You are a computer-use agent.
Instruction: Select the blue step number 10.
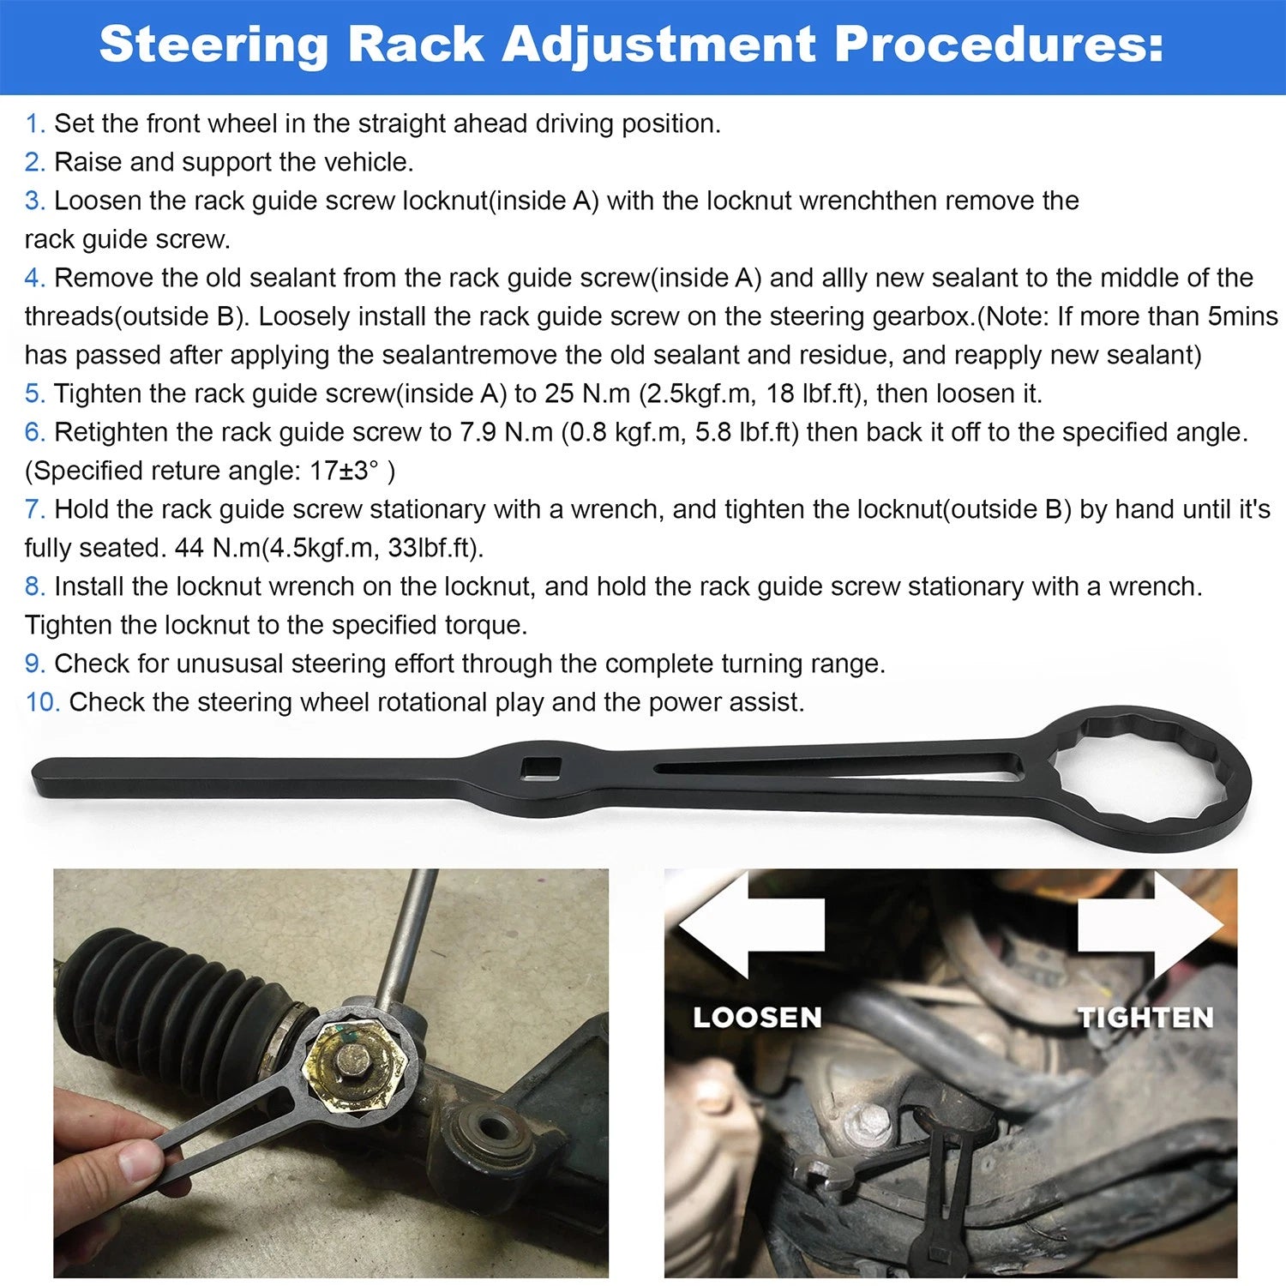click(x=42, y=702)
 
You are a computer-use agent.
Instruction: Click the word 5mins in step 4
click(x=1242, y=316)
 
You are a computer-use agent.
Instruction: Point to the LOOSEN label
click(x=757, y=1018)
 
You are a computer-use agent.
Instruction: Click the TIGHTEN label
click(x=1146, y=1018)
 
